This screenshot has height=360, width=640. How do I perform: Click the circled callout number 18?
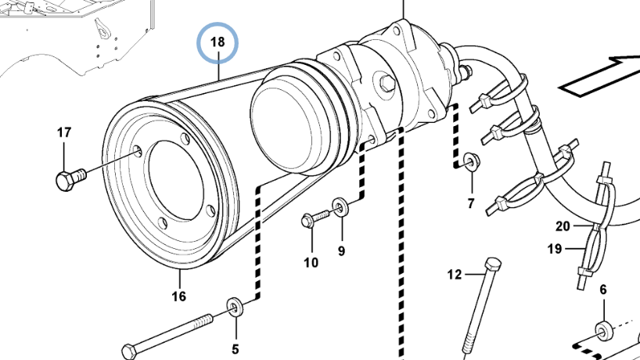[x=218, y=42]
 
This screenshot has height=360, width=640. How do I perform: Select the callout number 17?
[x=64, y=132]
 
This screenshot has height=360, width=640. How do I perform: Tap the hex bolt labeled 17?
[x=70, y=179]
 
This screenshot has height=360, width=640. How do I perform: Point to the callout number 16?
[x=178, y=296]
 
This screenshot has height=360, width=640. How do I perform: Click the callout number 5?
[x=235, y=349]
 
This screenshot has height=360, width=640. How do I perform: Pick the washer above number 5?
[x=235, y=307]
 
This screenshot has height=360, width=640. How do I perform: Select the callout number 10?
[x=311, y=262]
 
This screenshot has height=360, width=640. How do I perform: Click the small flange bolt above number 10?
[x=315, y=218]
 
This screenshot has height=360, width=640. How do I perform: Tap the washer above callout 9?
[x=340, y=206]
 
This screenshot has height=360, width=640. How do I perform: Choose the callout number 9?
[x=341, y=250]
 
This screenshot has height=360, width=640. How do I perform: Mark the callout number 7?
[x=471, y=203]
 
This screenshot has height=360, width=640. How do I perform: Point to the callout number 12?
[x=455, y=275]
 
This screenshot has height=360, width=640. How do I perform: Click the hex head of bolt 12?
[x=493, y=264]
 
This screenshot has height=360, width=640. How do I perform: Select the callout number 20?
[x=563, y=226]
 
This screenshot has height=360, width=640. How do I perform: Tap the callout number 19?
[x=555, y=249]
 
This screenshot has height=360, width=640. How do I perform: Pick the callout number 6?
[x=603, y=290]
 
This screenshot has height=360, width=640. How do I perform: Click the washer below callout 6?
[x=604, y=330]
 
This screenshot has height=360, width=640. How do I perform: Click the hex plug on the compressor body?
[x=387, y=83]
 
